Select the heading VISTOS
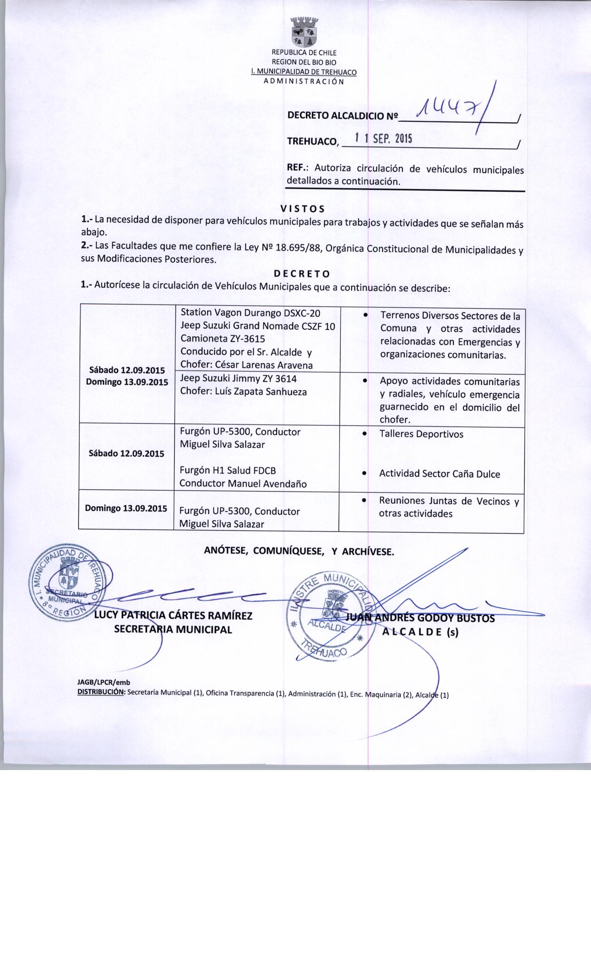(x=303, y=208)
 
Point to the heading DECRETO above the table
(x=302, y=273)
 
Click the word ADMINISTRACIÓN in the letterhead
(x=304, y=82)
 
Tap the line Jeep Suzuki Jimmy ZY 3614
(x=238, y=379)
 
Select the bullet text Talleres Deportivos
(x=421, y=434)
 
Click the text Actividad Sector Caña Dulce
(x=439, y=474)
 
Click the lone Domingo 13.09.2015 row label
(x=126, y=508)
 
